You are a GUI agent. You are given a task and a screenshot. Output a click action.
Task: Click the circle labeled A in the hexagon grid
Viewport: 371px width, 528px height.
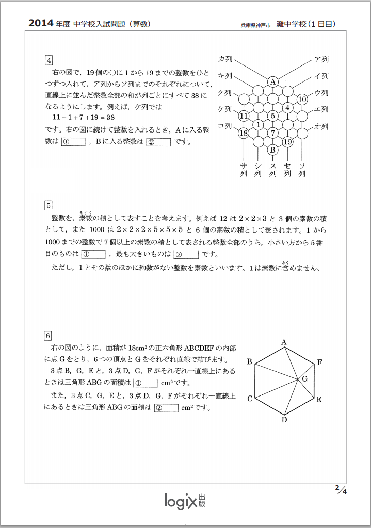[x=273, y=81]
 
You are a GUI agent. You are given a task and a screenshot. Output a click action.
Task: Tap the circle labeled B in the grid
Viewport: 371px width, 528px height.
[x=273, y=150]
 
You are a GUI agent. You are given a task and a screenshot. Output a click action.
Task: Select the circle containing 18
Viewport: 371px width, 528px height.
[x=244, y=133]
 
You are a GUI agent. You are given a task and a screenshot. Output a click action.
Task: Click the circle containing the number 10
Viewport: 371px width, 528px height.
[x=303, y=99]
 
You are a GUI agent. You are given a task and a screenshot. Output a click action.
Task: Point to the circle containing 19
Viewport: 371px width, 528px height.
[x=288, y=142]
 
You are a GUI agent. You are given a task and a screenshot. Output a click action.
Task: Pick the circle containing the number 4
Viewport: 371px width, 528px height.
[x=288, y=108]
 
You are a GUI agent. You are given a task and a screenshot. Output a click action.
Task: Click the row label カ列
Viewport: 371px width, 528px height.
[x=225, y=59]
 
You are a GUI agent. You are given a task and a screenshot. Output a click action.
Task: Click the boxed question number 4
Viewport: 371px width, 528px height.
[x=49, y=60]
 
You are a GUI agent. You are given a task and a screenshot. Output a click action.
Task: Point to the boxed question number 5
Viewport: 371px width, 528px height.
[x=49, y=205]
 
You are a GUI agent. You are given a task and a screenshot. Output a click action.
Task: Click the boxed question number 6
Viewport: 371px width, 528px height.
[x=49, y=336]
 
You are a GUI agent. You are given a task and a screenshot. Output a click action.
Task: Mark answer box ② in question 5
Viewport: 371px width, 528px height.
[x=187, y=254]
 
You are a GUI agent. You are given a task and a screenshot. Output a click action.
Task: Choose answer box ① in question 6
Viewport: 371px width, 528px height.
[x=145, y=383]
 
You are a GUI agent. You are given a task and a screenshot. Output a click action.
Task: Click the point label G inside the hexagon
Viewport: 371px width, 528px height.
[x=305, y=379]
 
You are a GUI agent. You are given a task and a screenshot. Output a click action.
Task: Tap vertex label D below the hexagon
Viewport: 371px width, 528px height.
[x=284, y=419]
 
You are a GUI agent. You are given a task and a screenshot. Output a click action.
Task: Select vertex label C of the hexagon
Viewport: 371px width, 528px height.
[x=250, y=399]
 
